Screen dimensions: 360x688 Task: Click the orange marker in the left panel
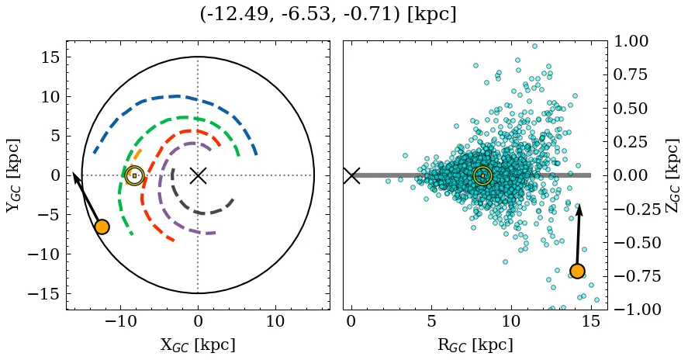coord(102,227)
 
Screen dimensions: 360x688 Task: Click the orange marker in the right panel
coord(577,271)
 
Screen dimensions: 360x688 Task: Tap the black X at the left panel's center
coord(198,175)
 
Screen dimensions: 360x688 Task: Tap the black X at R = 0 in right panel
coord(351,175)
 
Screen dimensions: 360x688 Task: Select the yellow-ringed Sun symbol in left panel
coord(134,175)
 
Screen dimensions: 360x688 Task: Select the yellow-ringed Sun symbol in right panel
coord(482,175)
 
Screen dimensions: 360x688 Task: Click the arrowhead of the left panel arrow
coord(74,176)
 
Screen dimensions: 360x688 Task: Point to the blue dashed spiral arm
coord(175,97)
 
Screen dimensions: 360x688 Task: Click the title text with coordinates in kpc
coord(327,15)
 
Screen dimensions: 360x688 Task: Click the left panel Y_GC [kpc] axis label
coord(13,175)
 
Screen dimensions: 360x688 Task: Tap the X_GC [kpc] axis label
coord(198,345)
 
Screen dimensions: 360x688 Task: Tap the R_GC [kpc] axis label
coord(475,345)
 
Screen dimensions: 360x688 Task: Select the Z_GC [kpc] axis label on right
coord(672,175)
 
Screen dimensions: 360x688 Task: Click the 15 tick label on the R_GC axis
coord(591,322)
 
